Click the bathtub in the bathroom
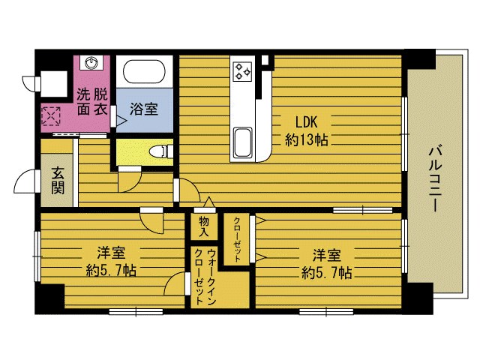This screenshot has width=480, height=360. (x=144, y=71)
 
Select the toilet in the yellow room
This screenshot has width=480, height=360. (x=160, y=151)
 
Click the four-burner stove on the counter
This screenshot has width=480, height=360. (x=242, y=72)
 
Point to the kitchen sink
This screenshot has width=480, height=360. (x=243, y=142)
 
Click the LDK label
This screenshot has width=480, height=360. (x=306, y=121)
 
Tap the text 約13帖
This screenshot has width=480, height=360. (x=307, y=140)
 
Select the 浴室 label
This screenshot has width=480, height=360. (x=144, y=109)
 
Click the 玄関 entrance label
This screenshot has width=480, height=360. (x=58, y=181)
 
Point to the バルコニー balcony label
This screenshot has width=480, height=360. (x=435, y=179)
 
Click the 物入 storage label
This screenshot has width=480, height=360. (x=203, y=226)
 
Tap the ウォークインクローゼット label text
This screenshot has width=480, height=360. (x=205, y=277)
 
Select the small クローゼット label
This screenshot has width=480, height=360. (x=237, y=239)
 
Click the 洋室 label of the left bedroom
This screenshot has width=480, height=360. (x=111, y=253)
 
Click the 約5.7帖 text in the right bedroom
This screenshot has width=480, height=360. (x=327, y=272)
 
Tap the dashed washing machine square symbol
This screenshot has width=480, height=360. (x=51, y=116)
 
